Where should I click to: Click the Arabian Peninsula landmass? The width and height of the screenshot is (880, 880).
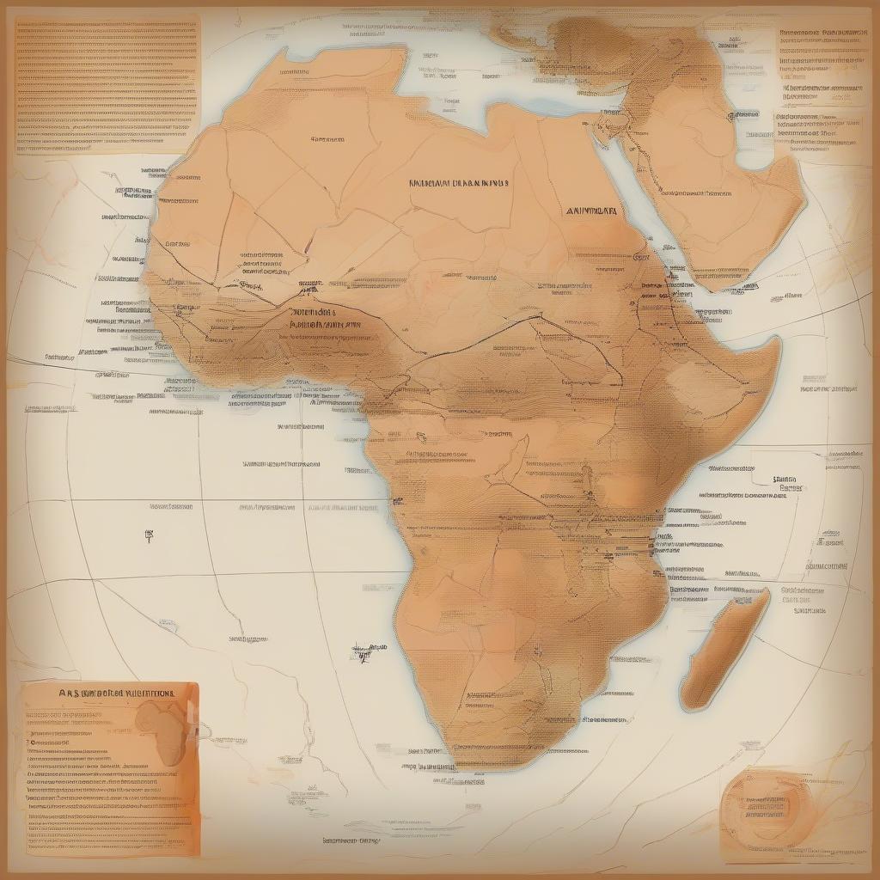click(722, 198)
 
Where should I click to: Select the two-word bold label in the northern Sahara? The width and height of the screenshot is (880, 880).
click(458, 183)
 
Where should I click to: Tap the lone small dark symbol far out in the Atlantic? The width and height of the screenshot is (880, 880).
click(150, 535)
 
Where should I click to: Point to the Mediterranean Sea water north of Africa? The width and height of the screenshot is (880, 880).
click(447, 86)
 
